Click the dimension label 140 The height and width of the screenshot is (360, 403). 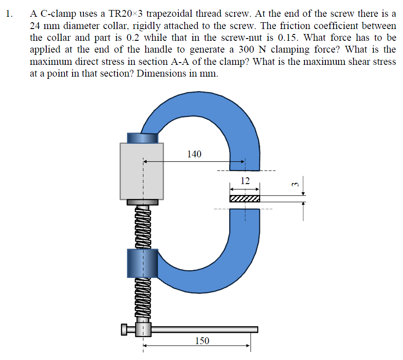pyautogui.click(x=194, y=154)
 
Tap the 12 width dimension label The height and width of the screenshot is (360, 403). pyautogui.click(x=245, y=181)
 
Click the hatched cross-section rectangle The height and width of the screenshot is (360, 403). pyautogui.click(x=245, y=199)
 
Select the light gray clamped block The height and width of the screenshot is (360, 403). pyautogui.click(x=142, y=171)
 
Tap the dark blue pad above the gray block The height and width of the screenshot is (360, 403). pyautogui.click(x=142, y=137)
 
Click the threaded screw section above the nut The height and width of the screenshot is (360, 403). pyautogui.click(x=142, y=227)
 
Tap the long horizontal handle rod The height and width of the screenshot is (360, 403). pyautogui.click(x=204, y=329)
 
